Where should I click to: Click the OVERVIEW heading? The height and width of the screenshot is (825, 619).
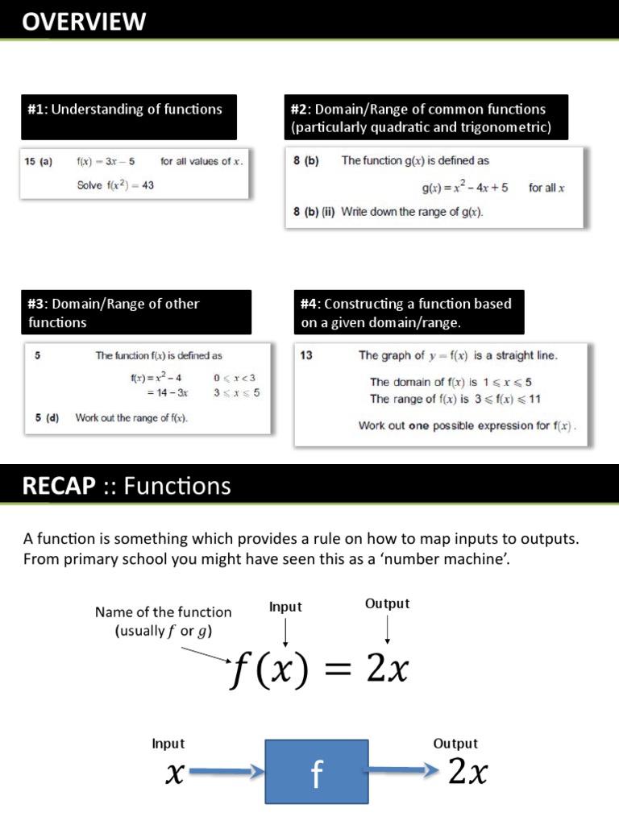pyautogui.click(x=84, y=22)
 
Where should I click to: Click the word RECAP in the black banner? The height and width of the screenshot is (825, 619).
pyautogui.click(x=58, y=486)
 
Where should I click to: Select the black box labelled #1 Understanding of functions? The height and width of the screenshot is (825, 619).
pyautogui.click(x=129, y=117)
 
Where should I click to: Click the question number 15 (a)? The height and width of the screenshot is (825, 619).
pyautogui.click(x=38, y=161)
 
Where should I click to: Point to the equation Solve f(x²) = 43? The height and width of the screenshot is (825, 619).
pyautogui.click(x=115, y=185)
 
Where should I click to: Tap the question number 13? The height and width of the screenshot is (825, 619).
pyautogui.click(x=306, y=354)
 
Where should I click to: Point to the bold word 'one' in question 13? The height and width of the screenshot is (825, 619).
pyautogui.click(x=419, y=425)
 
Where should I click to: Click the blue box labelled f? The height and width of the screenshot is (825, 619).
pyautogui.click(x=317, y=775)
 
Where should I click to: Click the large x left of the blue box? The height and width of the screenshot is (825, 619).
pyautogui.click(x=173, y=775)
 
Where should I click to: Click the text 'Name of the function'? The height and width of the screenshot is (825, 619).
pyautogui.click(x=163, y=611)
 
